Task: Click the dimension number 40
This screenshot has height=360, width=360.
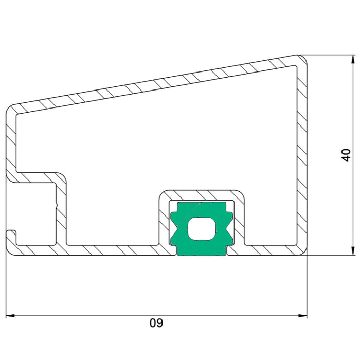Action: coord(346,155)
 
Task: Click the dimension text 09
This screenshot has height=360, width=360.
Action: coord(156,322)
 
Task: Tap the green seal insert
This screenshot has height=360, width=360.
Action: coord(202,229)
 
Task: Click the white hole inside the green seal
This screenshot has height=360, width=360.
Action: coord(202,229)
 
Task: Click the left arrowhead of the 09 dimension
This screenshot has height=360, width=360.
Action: coord(10,316)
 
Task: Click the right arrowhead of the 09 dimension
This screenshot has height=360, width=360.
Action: coord(302,316)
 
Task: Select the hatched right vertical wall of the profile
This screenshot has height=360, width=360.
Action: coord(302,156)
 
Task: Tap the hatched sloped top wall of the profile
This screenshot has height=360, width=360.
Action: coord(156,84)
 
